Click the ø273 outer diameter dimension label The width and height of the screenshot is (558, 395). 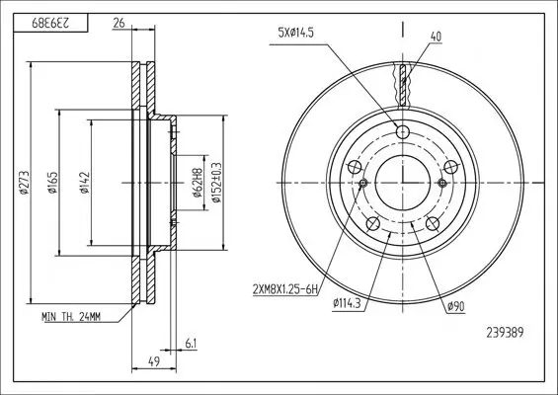24,183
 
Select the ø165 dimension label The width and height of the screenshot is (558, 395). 52,183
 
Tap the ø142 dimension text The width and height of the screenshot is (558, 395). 84,183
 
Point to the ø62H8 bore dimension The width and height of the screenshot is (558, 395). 197,183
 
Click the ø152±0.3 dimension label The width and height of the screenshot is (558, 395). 216,183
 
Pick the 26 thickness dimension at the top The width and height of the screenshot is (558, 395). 119,23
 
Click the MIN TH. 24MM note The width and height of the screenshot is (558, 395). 71,317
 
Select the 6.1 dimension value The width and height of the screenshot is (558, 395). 191,344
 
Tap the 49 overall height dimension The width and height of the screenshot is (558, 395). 154,361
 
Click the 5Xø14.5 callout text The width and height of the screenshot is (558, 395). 296,34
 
